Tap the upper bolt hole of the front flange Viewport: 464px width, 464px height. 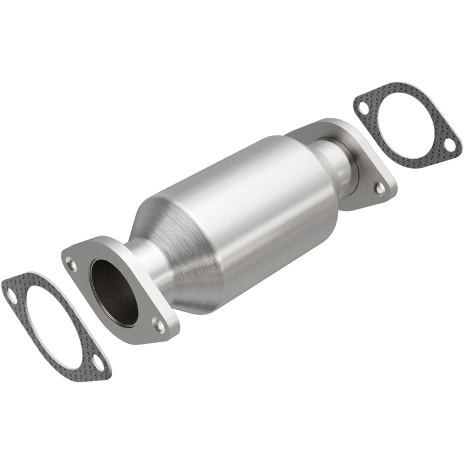[71, 264]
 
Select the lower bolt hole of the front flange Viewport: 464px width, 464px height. [157, 322]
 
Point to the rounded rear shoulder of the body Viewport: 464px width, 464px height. [316, 174]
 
